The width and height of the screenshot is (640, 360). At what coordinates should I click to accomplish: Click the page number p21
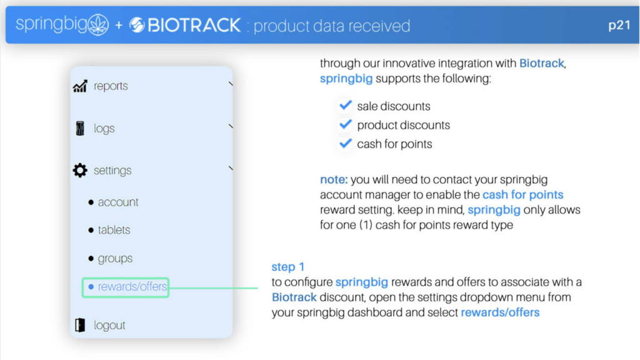(x=619, y=26)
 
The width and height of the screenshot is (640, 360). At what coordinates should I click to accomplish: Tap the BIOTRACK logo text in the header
(x=194, y=25)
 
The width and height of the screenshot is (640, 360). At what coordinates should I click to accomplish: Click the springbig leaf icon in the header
(x=98, y=24)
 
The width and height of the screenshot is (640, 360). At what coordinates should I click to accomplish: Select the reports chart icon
(x=80, y=86)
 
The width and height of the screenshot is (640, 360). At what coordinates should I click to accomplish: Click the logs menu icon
(x=80, y=128)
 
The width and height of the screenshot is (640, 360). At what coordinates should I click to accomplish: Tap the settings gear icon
(x=80, y=170)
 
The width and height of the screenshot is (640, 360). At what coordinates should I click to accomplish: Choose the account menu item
(x=118, y=202)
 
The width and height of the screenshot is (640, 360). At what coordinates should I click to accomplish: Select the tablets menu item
(x=114, y=230)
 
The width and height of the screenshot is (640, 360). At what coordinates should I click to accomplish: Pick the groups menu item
(x=115, y=258)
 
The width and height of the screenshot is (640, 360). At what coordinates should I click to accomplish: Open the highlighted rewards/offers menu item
(x=125, y=287)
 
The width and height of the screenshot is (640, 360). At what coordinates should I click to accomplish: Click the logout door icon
(x=80, y=325)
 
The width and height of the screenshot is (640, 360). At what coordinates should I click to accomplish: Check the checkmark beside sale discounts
(x=345, y=105)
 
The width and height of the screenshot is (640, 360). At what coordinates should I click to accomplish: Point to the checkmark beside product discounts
(x=345, y=124)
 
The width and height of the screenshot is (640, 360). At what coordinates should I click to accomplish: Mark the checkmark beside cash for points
(x=345, y=143)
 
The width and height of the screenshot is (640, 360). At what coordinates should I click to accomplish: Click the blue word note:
(x=334, y=179)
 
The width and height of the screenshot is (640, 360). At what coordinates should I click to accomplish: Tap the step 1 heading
(x=287, y=267)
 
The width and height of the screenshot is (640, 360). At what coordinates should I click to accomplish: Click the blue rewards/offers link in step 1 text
(x=500, y=312)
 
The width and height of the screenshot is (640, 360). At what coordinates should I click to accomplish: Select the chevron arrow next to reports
(x=231, y=84)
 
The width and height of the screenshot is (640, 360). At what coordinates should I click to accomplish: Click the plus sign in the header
(x=119, y=26)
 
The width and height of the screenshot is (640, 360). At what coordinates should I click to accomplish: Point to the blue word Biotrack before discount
(x=294, y=297)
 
